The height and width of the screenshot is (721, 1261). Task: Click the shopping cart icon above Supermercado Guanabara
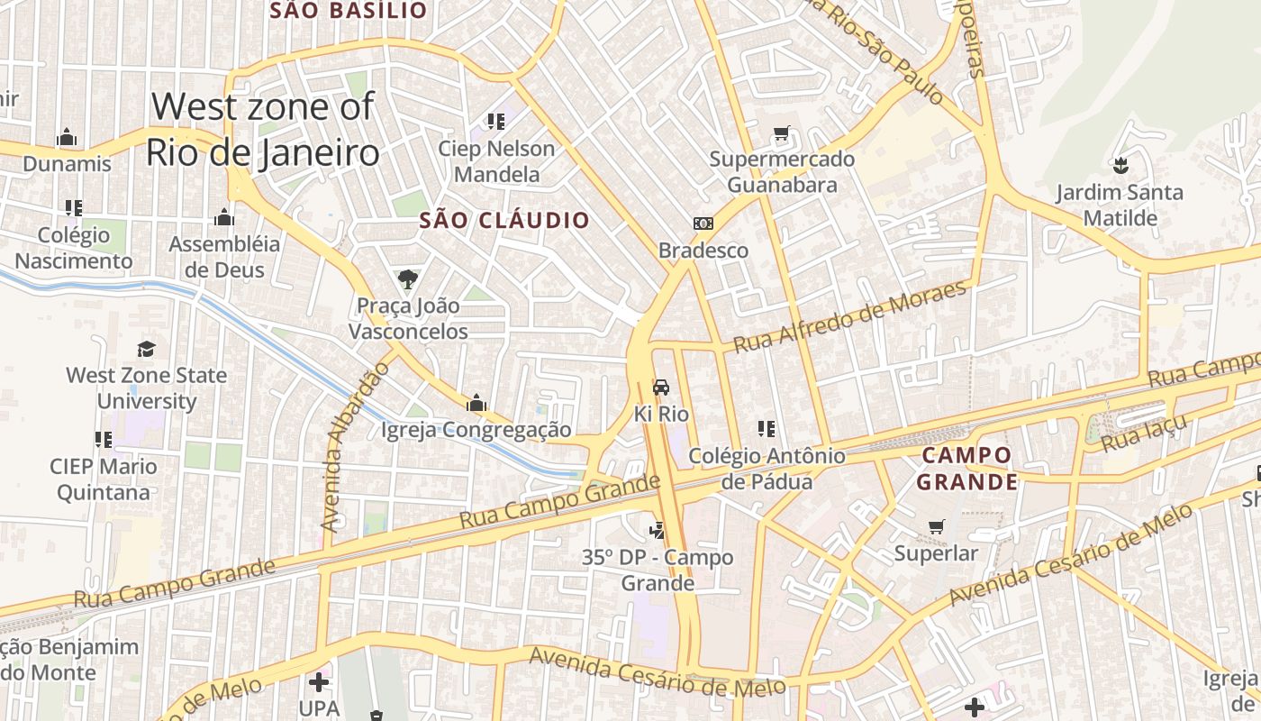pos(781,133)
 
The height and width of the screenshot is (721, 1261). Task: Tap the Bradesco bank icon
pos(703,224)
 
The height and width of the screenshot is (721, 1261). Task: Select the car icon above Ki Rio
pos(661,388)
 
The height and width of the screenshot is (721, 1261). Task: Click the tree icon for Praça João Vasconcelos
pos(408,278)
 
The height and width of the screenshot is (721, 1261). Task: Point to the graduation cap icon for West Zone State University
pos(146,349)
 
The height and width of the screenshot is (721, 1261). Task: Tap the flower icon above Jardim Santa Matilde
pos(1120,166)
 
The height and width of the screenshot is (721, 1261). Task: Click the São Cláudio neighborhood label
pos(504,220)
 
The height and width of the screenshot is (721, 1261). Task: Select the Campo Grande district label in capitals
pos(967,469)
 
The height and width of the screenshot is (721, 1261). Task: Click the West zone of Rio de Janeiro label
pos(262,130)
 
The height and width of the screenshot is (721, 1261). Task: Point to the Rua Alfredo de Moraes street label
pos(850,316)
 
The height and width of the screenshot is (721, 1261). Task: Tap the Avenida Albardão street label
pos(356,447)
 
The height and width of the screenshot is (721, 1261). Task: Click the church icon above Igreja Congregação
pos(476,402)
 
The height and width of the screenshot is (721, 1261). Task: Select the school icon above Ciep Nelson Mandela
pos(495,121)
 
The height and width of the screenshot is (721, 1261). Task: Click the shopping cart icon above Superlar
pos(937,526)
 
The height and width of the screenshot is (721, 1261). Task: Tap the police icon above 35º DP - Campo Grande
pos(658,530)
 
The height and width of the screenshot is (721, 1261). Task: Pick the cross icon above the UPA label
pos(318,682)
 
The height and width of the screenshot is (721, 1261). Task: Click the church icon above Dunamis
pos(67,138)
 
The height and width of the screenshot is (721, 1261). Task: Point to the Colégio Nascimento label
pos(74,248)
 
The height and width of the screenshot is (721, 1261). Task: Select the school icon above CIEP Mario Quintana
pos(104,440)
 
